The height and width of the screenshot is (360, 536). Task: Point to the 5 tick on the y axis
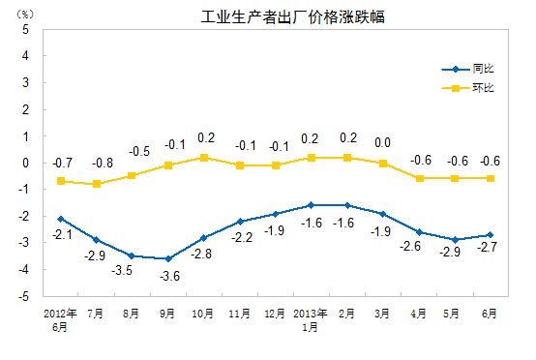[26, 29]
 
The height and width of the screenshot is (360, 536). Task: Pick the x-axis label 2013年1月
[312, 320]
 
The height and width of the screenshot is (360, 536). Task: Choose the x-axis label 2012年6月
[60, 320]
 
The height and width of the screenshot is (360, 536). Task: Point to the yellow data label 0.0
[382, 143]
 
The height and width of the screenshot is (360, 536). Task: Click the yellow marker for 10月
[204, 157]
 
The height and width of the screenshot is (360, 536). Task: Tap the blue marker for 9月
[168, 258]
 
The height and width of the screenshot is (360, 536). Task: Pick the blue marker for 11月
[240, 222]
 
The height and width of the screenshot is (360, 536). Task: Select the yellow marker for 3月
[383, 163]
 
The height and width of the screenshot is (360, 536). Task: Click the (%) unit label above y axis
[25, 14]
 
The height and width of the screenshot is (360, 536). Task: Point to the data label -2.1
[60, 235]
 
